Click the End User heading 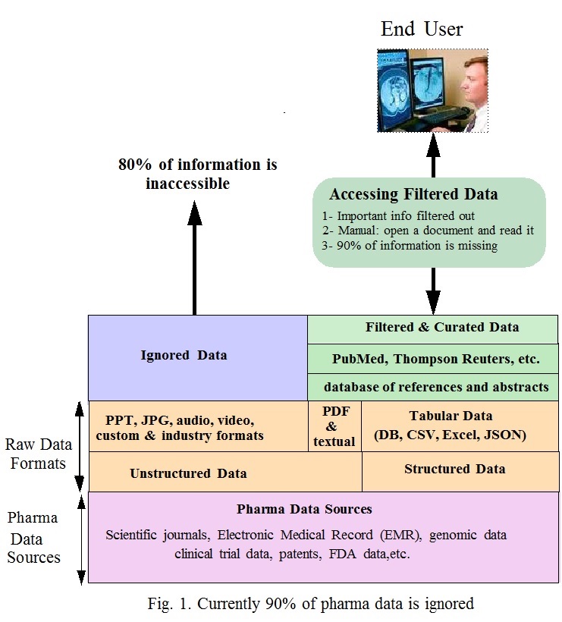click(x=421, y=30)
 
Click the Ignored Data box click(x=185, y=355)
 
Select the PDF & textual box click(x=334, y=426)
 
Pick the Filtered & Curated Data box click(x=432, y=328)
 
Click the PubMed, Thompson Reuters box click(x=432, y=357)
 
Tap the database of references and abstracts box click(x=432, y=387)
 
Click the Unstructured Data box click(x=188, y=473)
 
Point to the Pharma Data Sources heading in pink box click(x=304, y=508)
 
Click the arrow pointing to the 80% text click(x=194, y=258)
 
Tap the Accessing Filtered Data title click(x=413, y=195)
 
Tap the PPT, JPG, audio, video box click(x=179, y=426)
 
